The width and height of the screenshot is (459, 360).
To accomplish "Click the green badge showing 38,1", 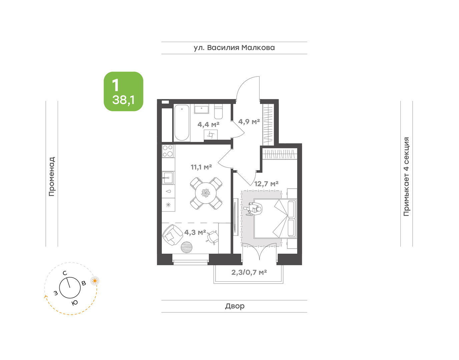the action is [123, 91].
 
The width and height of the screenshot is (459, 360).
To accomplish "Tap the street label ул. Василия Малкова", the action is [234, 48].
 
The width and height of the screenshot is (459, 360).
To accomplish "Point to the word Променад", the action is [52, 176].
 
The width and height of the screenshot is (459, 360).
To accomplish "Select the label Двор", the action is [235, 306].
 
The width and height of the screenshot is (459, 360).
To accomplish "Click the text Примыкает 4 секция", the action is [406, 176].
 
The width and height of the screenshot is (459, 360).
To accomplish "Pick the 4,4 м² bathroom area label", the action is [208, 125].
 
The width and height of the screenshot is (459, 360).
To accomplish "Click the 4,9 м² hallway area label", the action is [249, 122].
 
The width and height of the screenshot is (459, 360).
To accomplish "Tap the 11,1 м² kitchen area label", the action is [201, 167].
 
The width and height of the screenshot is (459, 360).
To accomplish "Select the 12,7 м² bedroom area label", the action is [266, 184].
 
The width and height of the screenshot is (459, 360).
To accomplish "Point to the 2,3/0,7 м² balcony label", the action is [249, 272].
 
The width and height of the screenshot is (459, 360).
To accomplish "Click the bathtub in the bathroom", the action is [182, 123].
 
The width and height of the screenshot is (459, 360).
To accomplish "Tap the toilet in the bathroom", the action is [218, 112].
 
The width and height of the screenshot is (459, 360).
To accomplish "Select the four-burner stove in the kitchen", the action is [168, 151].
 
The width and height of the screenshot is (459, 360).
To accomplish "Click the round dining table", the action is [206, 193].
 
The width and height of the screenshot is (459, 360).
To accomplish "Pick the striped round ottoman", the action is [186, 247].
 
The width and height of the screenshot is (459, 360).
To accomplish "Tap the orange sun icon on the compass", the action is [95, 281].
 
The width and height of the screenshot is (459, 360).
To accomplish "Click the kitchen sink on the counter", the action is [168, 178].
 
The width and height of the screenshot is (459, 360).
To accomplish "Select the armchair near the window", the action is [172, 235].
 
